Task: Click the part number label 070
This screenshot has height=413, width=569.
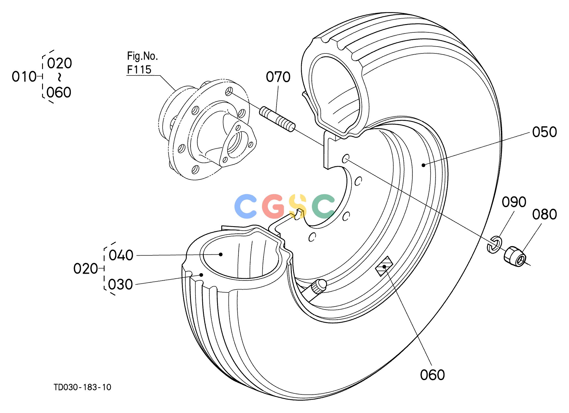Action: pyautogui.click(x=278, y=77)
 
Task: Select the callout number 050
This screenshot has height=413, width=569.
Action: pyautogui.click(x=544, y=132)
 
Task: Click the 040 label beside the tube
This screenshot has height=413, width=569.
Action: pyautogui.click(x=121, y=255)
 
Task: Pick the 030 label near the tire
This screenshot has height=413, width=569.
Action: pyautogui.click(x=121, y=285)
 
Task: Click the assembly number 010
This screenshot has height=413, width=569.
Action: pyautogui.click(x=24, y=76)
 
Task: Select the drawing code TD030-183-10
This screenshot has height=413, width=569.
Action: pyautogui.click(x=82, y=387)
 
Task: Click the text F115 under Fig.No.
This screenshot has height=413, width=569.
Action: pyautogui.click(x=139, y=70)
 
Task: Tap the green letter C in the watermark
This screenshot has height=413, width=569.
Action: pyautogui.click(x=323, y=206)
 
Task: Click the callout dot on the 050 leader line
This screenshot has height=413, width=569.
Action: pyautogui.click(x=423, y=165)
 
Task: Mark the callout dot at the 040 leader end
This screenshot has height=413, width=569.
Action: pyautogui.click(x=221, y=254)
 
